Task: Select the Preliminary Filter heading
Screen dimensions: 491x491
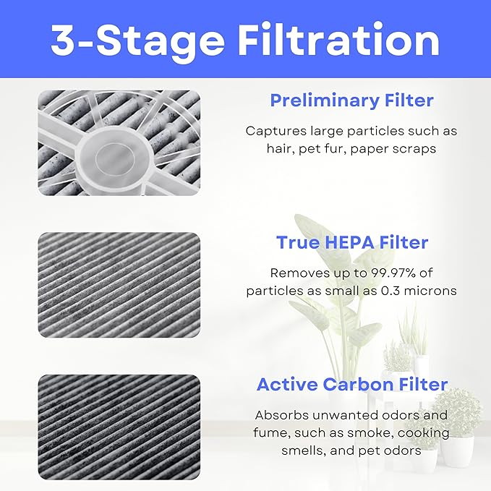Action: click(351, 101)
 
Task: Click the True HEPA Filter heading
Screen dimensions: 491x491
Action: click(351, 242)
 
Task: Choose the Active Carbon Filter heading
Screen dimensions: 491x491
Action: click(351, 384)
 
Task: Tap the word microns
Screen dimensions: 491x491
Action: click(430, 291)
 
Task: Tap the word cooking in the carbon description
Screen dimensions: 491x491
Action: click(424, 432)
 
